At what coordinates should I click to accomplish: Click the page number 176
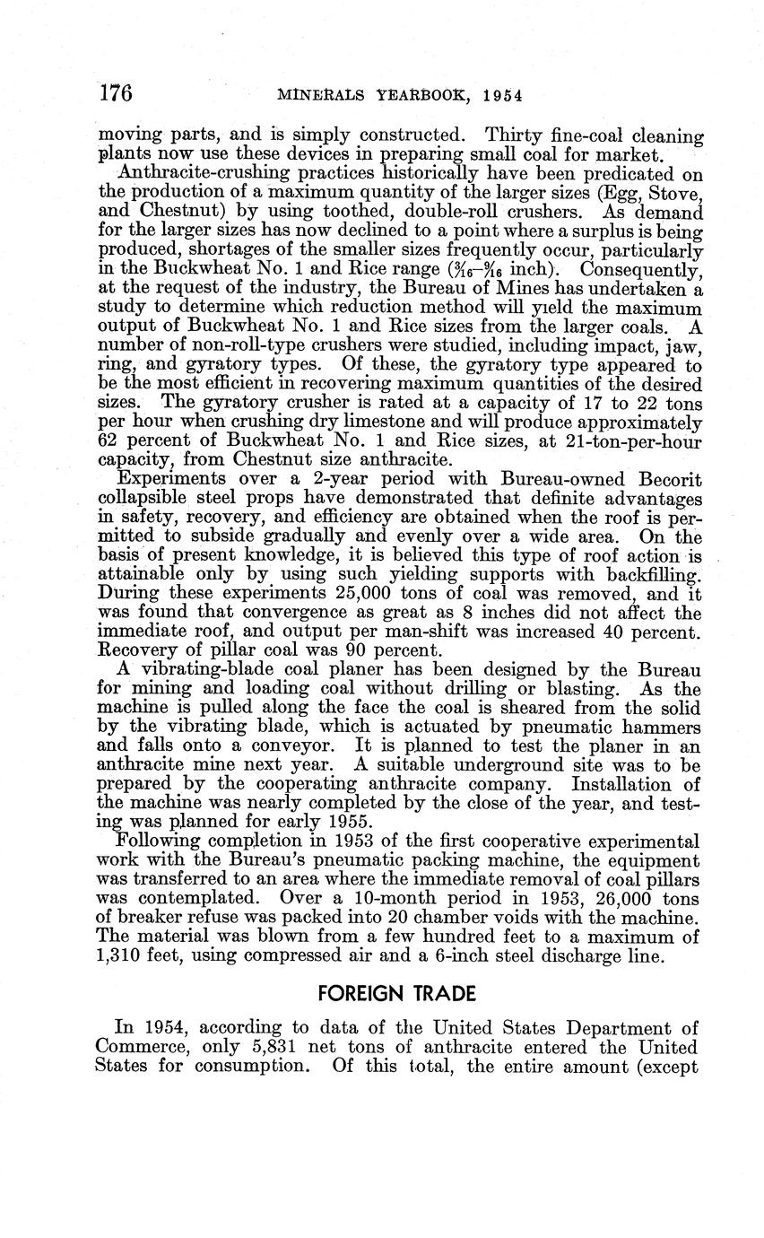117,92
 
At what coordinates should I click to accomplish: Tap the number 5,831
283,1047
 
